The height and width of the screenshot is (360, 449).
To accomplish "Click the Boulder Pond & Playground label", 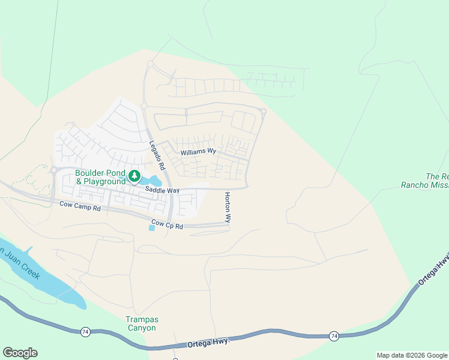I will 100,177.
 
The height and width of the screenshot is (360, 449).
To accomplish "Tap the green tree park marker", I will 134,176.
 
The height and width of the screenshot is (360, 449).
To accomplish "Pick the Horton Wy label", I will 228,208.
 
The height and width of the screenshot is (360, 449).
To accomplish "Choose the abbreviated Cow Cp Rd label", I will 167,224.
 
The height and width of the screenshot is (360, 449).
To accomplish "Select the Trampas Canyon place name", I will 141,323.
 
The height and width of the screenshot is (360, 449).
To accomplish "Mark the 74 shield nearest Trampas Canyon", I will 86,331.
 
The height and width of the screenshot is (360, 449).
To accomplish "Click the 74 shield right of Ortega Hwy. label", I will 334,337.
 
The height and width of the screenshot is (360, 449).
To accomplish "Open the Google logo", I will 20,353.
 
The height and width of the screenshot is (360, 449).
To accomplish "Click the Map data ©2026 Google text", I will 412,355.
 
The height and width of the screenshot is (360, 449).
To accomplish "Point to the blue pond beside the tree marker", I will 153,180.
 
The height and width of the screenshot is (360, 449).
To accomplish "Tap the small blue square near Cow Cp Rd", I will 151,228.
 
